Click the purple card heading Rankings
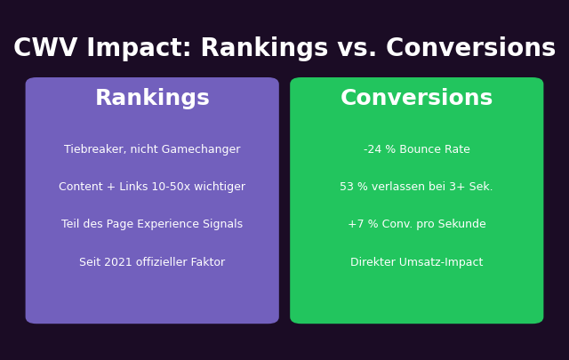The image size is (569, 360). coord(152,99)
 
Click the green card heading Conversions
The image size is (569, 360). coord(416,99)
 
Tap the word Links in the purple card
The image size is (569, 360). coord(128,188)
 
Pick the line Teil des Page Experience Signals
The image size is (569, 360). coord(152,225)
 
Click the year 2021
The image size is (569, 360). coord(121,263)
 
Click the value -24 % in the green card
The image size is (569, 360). coord(381,149)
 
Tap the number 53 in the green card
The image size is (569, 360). coord(347,188)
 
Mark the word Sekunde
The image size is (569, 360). coord(462,225)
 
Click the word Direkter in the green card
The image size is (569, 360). coord(373,263)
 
